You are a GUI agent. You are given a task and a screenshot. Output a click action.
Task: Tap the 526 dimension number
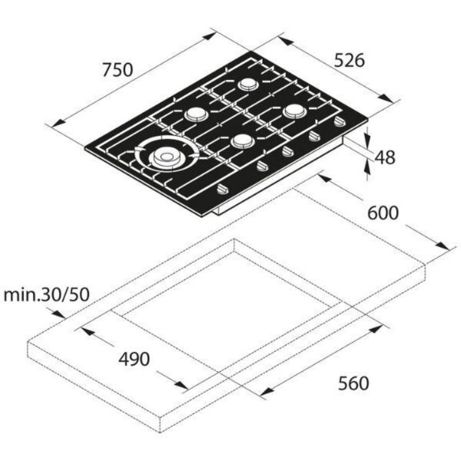(350, 61)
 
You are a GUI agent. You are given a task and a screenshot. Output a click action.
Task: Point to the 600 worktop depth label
(383, 213)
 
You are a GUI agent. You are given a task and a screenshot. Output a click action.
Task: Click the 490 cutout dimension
(134, 359)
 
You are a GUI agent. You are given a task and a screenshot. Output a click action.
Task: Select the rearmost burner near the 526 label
(248, 85)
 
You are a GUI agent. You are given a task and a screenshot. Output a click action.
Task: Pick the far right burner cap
(295, 111)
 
